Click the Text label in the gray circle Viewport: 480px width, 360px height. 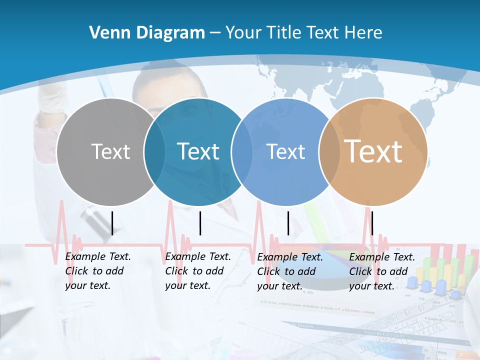[110, 151]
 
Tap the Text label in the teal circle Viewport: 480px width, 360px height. [198, 151]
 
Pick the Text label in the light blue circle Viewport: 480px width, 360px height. [285, 151]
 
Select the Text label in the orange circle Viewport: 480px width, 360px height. [373, 151]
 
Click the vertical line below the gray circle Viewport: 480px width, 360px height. [112, 223]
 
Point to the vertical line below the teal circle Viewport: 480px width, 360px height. [200, 223]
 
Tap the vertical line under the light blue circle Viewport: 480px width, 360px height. [288, 223]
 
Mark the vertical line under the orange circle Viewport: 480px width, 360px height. [372, 223]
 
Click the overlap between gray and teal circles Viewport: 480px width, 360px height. [154, 152]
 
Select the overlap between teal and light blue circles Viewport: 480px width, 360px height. [242, 152]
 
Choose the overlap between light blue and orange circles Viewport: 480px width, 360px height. [329, 152]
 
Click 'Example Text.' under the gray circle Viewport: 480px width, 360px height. [98, 256]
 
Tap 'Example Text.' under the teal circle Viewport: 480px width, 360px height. [198, 256]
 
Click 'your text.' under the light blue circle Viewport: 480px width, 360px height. [279, 286]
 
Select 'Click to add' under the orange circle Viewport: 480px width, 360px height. [378, 271]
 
